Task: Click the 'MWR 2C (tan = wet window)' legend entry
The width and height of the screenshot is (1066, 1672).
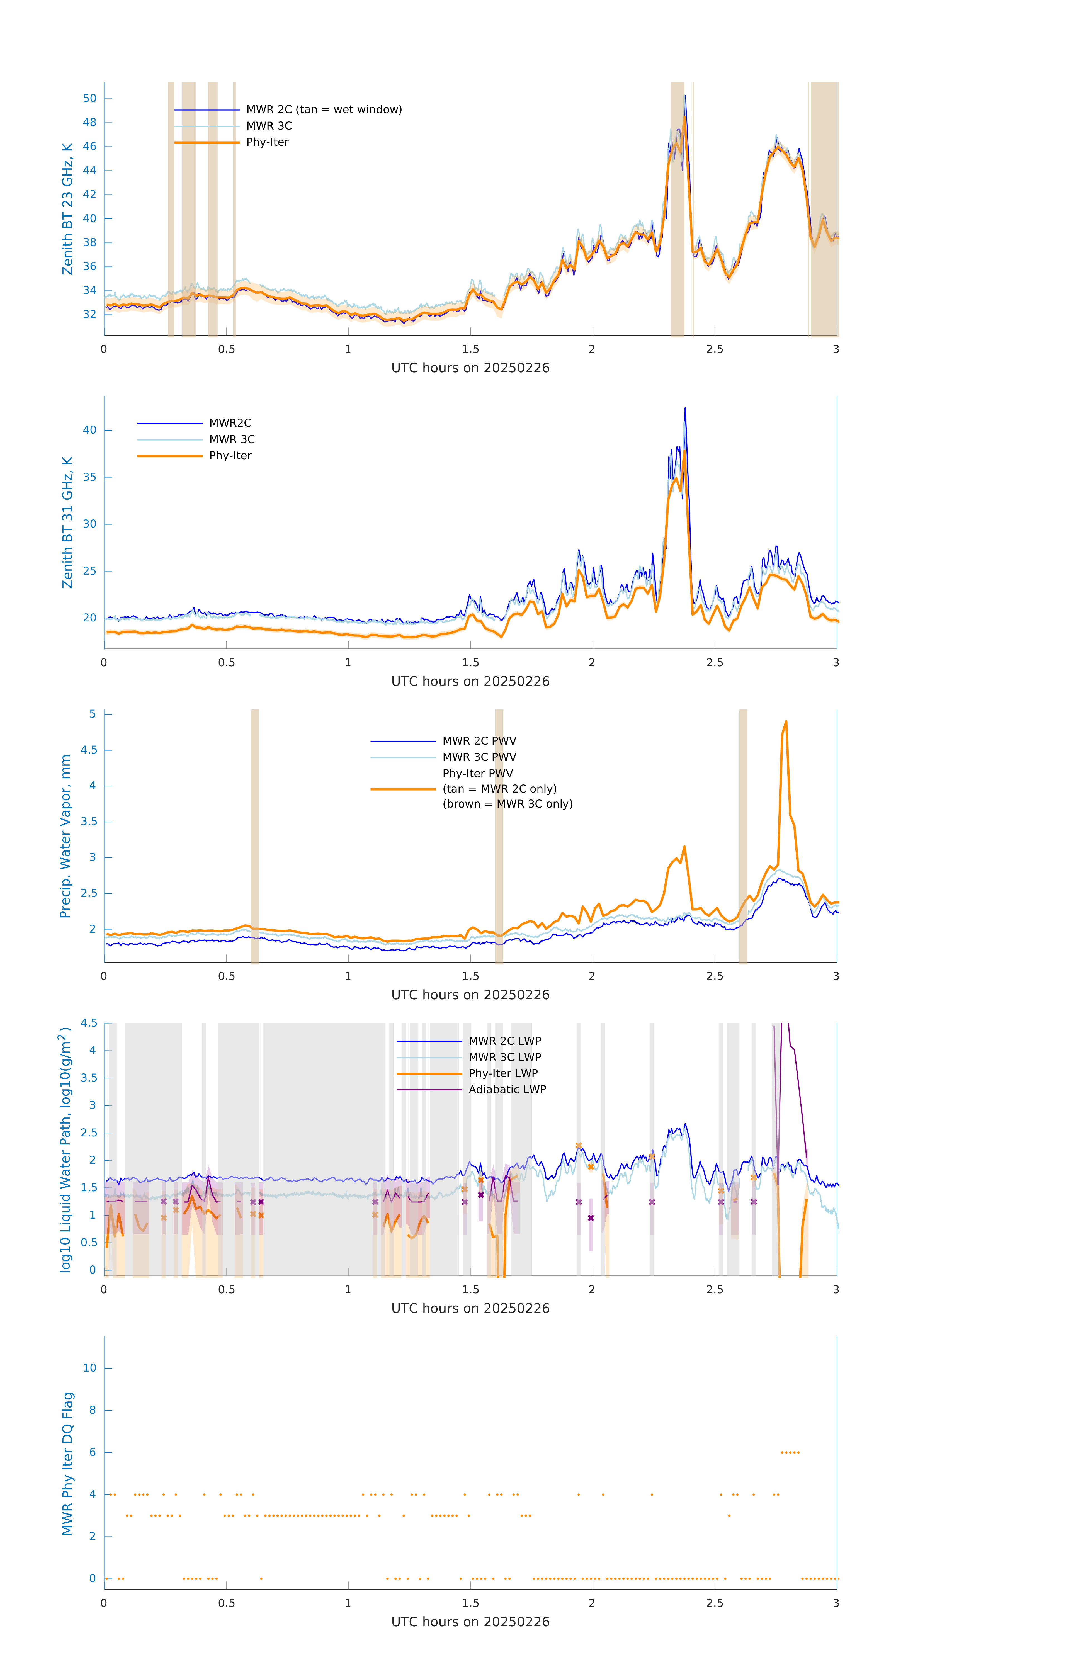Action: pos(324,110)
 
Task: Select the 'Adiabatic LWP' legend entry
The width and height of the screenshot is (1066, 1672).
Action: pos(507,1089)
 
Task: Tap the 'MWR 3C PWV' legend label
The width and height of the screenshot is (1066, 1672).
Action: pos(479,757)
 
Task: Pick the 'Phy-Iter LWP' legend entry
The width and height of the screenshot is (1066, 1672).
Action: pos(503,1073)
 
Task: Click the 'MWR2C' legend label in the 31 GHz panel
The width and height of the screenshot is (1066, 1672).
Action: pos(230,423)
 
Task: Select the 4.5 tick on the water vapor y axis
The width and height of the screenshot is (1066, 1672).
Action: pos(89,750)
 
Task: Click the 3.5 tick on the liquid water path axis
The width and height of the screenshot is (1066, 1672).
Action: pos(89,1078)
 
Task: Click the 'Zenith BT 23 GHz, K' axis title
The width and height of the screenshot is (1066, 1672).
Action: pos(67,209)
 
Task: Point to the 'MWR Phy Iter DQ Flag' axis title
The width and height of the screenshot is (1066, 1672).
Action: pos(67,1464)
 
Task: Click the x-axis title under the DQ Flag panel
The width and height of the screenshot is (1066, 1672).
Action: pos(470,1622)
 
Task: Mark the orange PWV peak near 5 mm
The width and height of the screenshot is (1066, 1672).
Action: pos(785,722)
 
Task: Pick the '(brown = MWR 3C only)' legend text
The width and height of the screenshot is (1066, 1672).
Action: pos(508,804)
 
